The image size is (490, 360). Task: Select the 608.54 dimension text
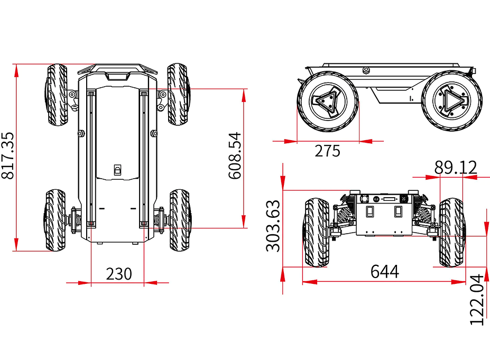tap(235, 155)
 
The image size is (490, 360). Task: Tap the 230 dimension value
tap(118, 274)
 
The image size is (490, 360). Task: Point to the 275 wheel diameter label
tap(328, 151)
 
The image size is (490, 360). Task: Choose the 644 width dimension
tap(384, 272)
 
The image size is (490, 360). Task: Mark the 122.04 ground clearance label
tap(477, 299)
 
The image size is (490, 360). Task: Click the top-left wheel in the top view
tap(57, 95)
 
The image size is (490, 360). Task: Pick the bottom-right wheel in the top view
tap(181, 220)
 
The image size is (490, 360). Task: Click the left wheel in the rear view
tap(316, 233)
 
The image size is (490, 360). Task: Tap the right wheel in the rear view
tap(452, 233)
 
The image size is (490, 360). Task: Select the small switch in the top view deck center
tap(118, 170)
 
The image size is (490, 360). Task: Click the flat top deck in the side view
tap(391, 66)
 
